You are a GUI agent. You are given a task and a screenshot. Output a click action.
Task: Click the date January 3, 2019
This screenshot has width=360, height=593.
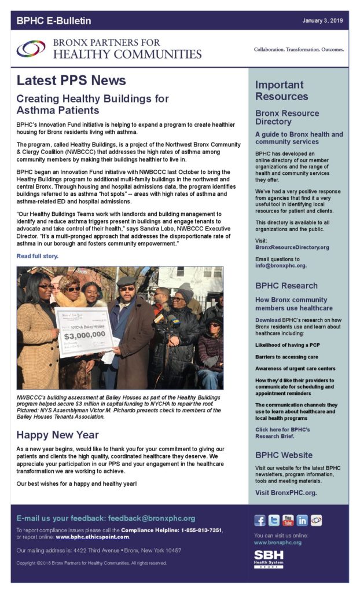pos(323,21)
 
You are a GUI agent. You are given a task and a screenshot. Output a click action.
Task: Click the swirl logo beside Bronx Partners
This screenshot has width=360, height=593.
pos(31,49)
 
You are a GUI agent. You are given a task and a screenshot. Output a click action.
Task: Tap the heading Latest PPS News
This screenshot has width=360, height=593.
pos(71,80)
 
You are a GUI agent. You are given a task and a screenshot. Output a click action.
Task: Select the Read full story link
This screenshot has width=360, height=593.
pos(38,255)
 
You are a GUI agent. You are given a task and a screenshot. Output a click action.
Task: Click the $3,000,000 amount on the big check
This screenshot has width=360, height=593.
pos(85,334)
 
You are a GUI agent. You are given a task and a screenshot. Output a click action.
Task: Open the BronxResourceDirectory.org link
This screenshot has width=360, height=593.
pos(292,247)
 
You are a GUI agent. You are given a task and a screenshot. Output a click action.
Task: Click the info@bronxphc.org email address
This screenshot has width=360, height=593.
pos(280,266)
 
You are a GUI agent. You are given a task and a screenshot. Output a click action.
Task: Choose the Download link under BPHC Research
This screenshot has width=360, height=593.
pos(268,320)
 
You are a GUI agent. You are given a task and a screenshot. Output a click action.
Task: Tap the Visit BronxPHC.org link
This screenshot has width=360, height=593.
pos(286,493)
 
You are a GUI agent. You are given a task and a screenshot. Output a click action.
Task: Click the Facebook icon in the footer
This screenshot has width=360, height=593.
pos(260,520)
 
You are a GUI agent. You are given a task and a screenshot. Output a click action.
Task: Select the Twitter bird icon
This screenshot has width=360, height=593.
pos(274,520)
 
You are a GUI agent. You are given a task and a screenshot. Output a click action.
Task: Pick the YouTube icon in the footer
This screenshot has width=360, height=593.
pos(288,520)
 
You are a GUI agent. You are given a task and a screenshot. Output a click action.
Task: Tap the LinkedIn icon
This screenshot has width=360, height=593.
pos(302,520)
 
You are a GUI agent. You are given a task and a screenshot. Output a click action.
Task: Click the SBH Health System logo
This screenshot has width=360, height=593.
pos(269,559)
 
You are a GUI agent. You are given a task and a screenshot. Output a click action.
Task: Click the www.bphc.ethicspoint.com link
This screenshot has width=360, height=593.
pos(92,537)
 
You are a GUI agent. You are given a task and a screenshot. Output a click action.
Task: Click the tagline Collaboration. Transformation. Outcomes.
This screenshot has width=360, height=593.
pos(299,50)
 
